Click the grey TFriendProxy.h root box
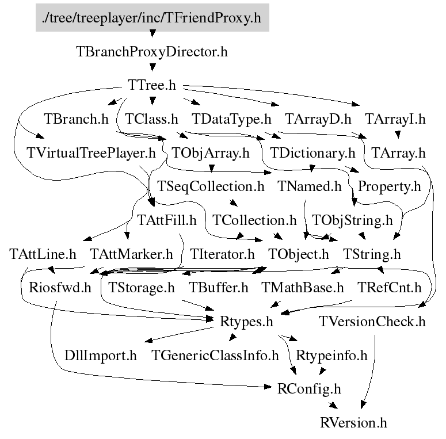[152, 18]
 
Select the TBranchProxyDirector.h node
[152, 52]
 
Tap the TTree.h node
[152, 85]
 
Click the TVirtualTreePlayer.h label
[92, 154]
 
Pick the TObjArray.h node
[211, 154]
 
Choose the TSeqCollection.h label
[211, 186]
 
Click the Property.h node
[389, 186]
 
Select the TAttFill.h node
[167, 220]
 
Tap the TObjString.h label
[352, 220]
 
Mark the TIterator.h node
[222, 254]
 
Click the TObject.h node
[299, 254]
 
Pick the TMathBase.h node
[303, 287]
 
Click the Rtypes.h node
[246, 321]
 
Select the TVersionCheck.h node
[372, 321]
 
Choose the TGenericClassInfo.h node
[215, 355]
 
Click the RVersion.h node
[353, 423]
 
